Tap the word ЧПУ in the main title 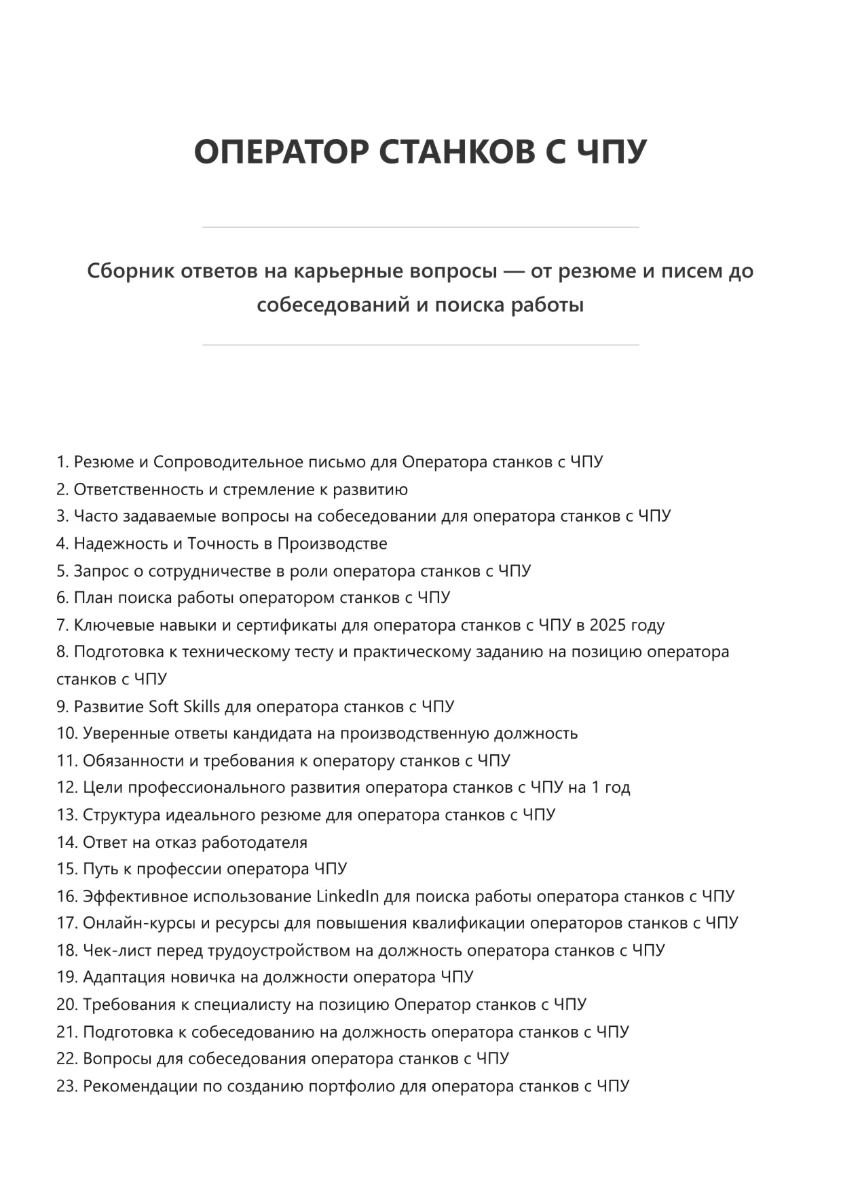pos(612,151)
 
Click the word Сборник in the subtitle pos(127,271)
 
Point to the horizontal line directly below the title pos(420,227)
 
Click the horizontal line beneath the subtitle pos(420,345)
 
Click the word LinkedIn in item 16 pos(348,896)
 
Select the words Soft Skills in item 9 pos(184,706)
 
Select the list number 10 pos(67,733)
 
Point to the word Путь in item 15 pos(100,869)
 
